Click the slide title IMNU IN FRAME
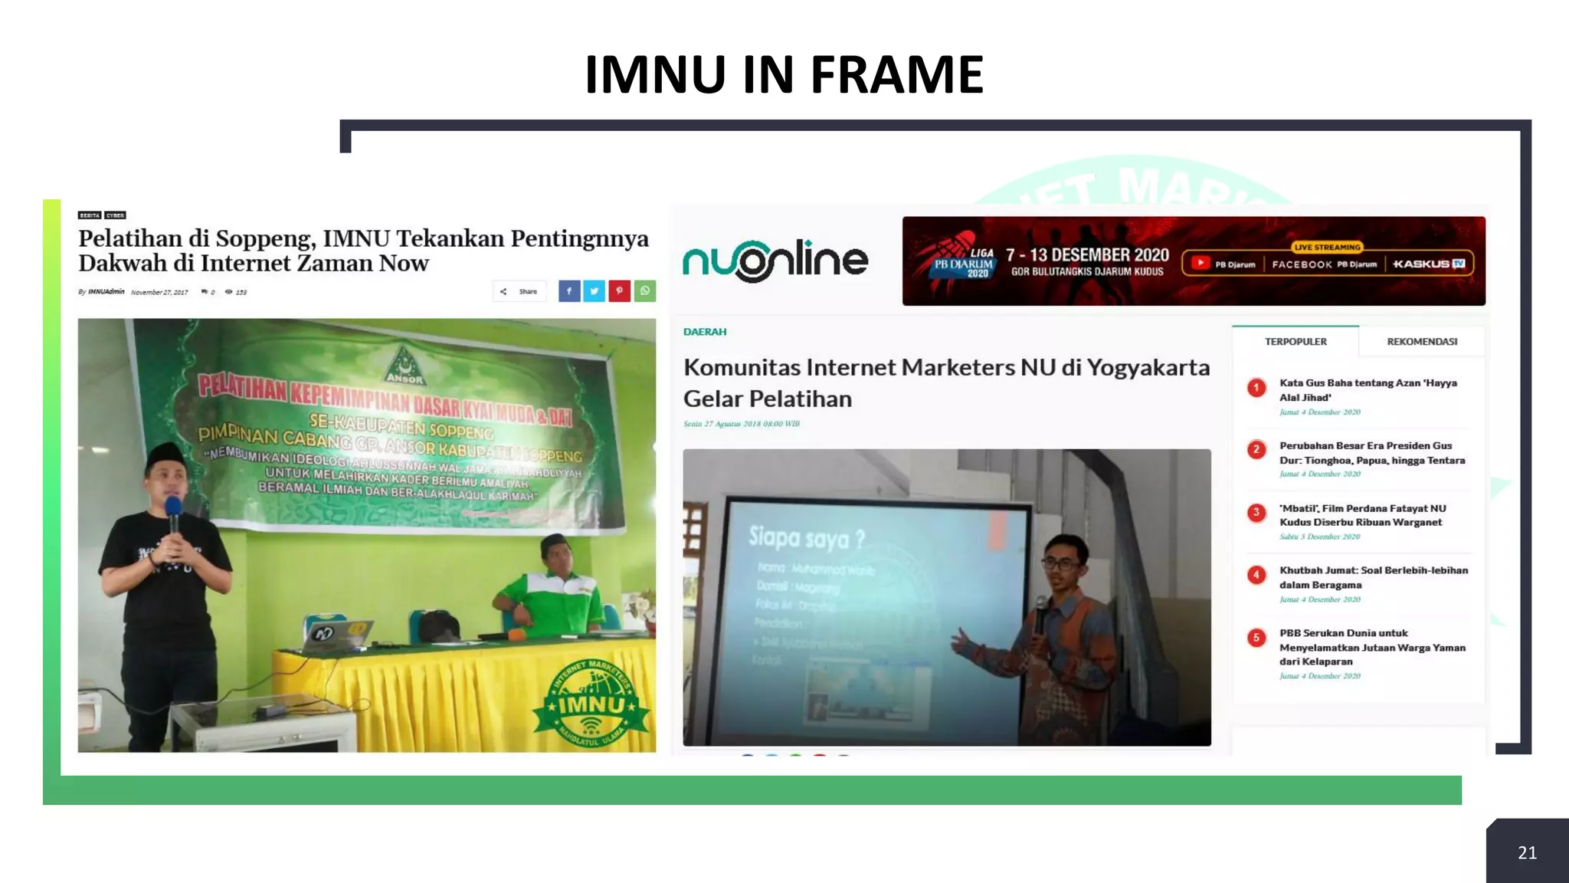coord(784,74)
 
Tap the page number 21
coord(1527,852)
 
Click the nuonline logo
coord(775,261)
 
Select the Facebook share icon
coord(569,291)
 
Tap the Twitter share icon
coord(594,291)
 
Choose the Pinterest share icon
coord(619,291)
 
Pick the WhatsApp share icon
coord(645,291)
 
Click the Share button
coord(520,291)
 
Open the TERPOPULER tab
coord(1295,341)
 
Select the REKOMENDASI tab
coord(1422,341)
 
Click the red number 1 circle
coord(1256,388)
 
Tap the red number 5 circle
coord(1256,638)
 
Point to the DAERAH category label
coord(705,332)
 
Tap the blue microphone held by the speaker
coord(174,507)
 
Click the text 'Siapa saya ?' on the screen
coord(806,538)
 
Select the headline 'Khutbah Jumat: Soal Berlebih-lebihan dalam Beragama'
coord(1373,577)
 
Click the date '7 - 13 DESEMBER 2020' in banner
coord(1087,255)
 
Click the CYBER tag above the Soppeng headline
coord(116,215)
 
